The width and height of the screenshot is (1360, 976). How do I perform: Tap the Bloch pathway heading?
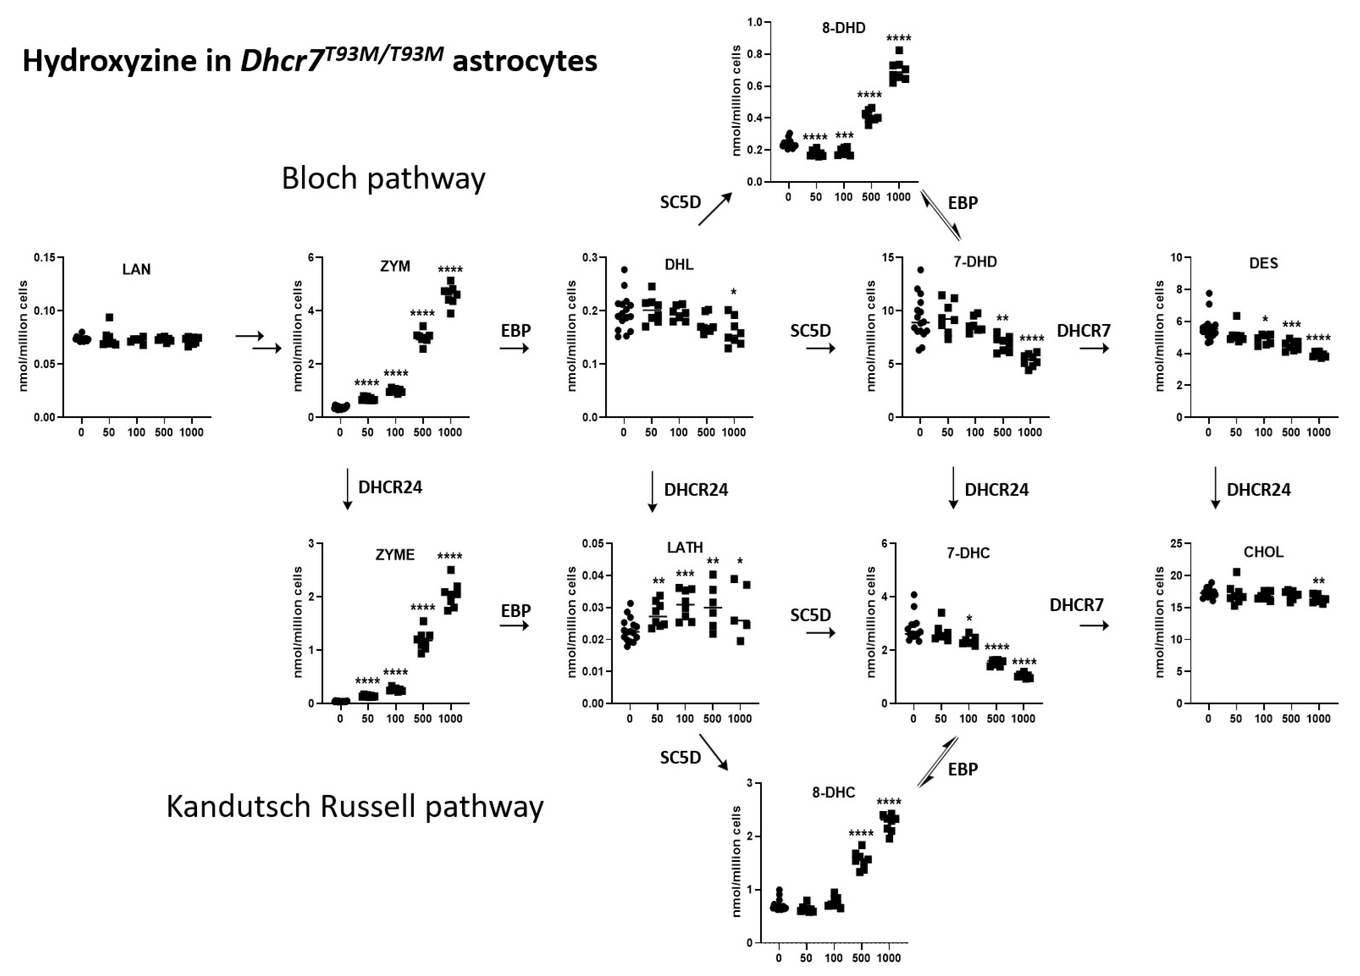pyautogui.click(x=383, y=179)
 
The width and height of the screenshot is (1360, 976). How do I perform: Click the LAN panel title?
pyautogui.click(x=136, y=269)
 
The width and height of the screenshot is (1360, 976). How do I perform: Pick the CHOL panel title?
pyautogui.click(x=1264, y=552)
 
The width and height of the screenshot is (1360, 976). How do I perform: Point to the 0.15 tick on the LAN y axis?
pyautogui.click(x=44, y=258)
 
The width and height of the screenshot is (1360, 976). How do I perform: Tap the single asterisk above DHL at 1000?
pyautogui.click(x=734, y=293)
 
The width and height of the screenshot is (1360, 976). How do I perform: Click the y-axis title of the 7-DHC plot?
pyautogui.click(x=872, y=622)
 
